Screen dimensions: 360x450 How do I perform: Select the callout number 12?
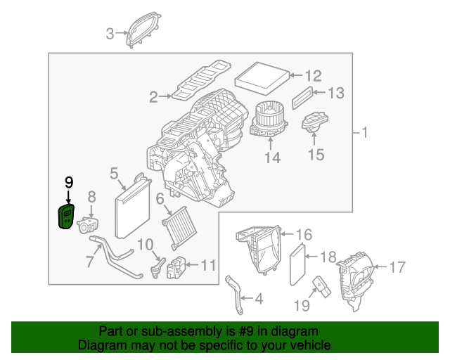click(313, 75)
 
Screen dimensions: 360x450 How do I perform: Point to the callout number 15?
click(316, 154)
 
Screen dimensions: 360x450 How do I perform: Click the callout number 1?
click(364, 131)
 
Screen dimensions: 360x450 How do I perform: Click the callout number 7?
click(89, 262)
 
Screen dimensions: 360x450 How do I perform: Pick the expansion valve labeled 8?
click(88, 225)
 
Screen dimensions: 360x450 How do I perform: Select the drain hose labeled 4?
click(233, 294)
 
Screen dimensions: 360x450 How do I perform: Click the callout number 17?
click(397, 266)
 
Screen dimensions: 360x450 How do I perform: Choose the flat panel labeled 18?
click(298, 263)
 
